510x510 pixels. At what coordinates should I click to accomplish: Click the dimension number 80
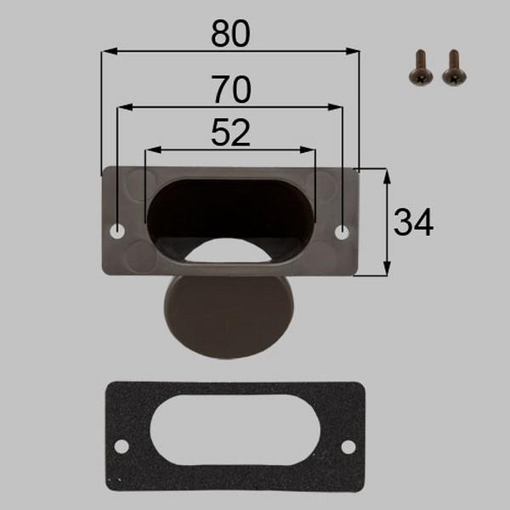pos(230,33)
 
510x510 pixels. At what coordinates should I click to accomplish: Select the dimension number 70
pos(231,89)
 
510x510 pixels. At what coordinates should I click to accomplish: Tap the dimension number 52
pos(230,133)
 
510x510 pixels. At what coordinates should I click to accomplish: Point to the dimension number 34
pos(413,223)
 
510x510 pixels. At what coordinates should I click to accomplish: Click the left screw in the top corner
pos(421,67)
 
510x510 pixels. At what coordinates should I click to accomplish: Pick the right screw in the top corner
pos(454,67)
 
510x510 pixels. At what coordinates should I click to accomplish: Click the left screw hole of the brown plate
pos(117,231)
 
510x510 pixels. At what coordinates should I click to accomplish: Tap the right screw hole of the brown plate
pos(342,232)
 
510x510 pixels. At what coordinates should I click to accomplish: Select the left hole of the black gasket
pos(121,446)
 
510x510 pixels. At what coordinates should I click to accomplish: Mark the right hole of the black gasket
pos(348,447)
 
